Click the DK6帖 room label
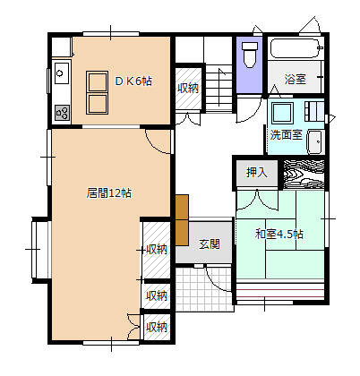point(133,81)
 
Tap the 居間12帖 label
point(109,193)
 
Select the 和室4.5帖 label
point(279,234)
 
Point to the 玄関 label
point(210,244)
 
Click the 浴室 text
point(295,79)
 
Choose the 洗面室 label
point(287,135)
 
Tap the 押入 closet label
point(256,173)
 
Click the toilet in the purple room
point(250,55)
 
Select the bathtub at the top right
point(296,48)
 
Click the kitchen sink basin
point(62,73)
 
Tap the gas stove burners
point(63,113)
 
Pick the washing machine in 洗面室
point(282,113)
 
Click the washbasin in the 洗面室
point(315,142)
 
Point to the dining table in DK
point(97,92)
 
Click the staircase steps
point(219,89)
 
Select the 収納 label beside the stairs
point(188,89)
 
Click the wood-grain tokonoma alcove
point(304,175)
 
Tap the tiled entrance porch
point(204,289)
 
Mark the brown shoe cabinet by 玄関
point(182,220)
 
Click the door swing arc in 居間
point(154,147)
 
